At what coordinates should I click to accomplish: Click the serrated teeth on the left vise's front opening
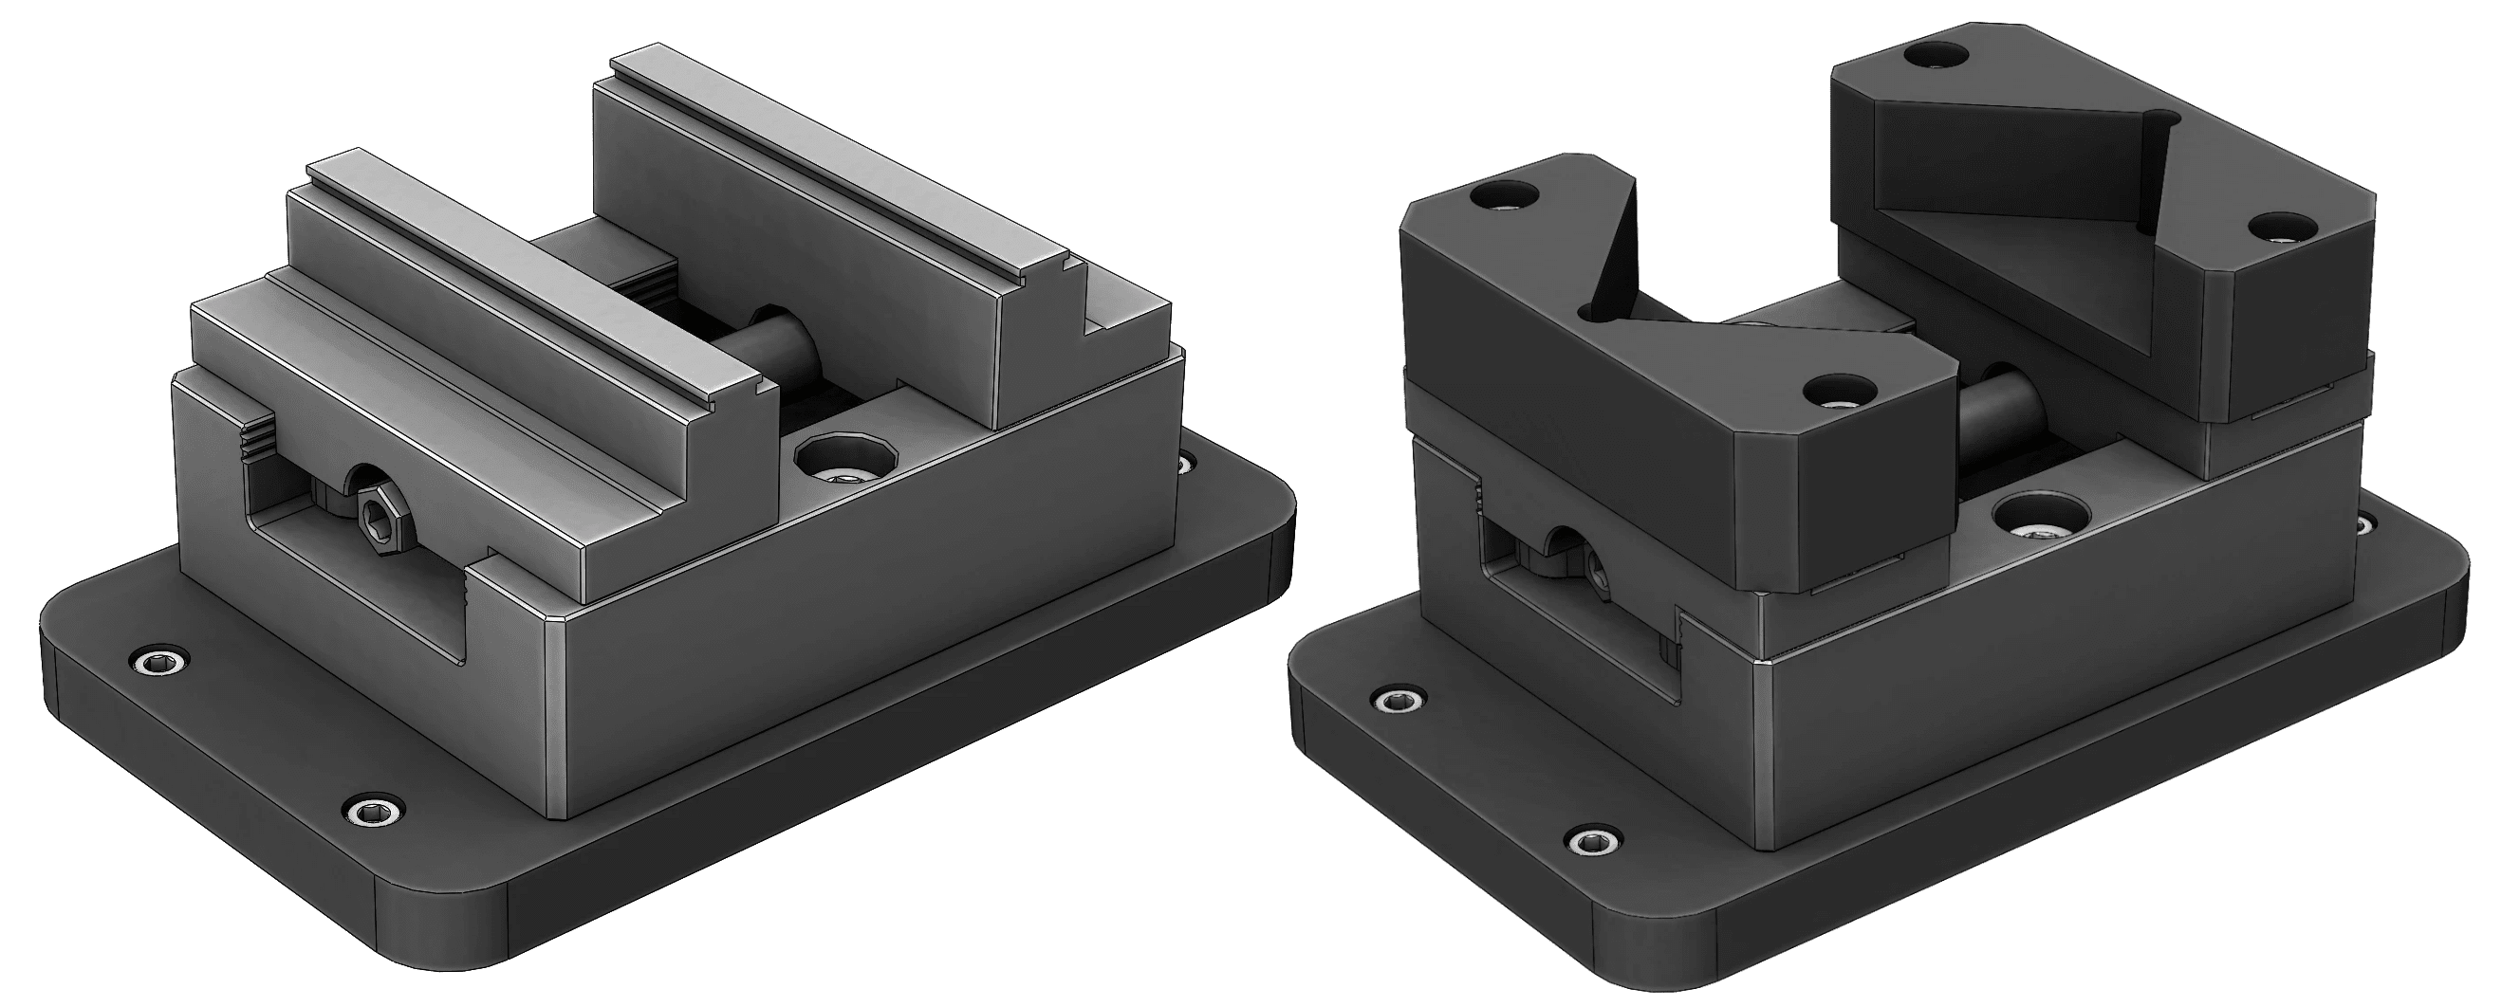(258, 442)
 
